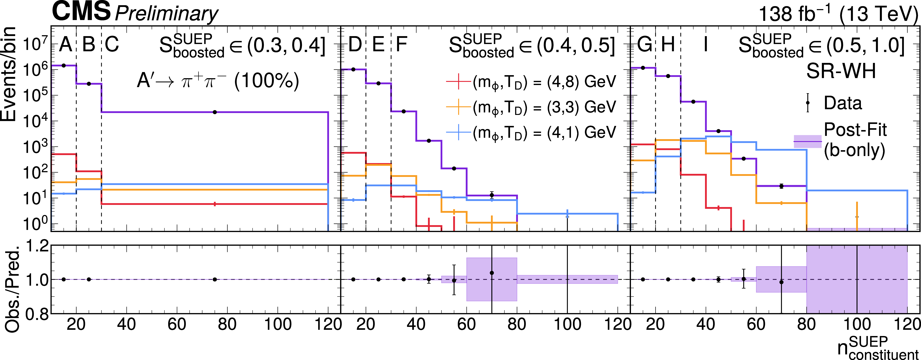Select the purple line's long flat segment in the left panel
[x=214, y=112]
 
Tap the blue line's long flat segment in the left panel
[x=214, y=184]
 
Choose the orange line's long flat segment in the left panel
[x=214, y=190]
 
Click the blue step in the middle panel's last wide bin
[x=567, y=214]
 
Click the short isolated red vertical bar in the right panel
[x=744, y=225]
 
